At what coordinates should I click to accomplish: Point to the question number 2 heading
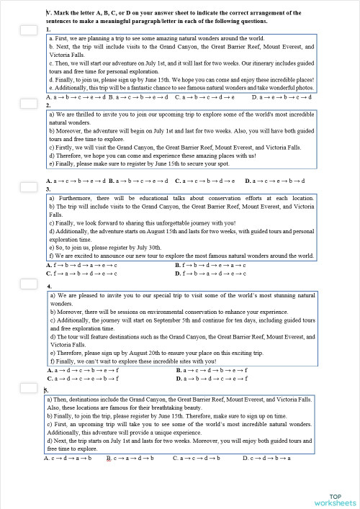point(48,105)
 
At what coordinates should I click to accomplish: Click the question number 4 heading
point(48,286)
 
